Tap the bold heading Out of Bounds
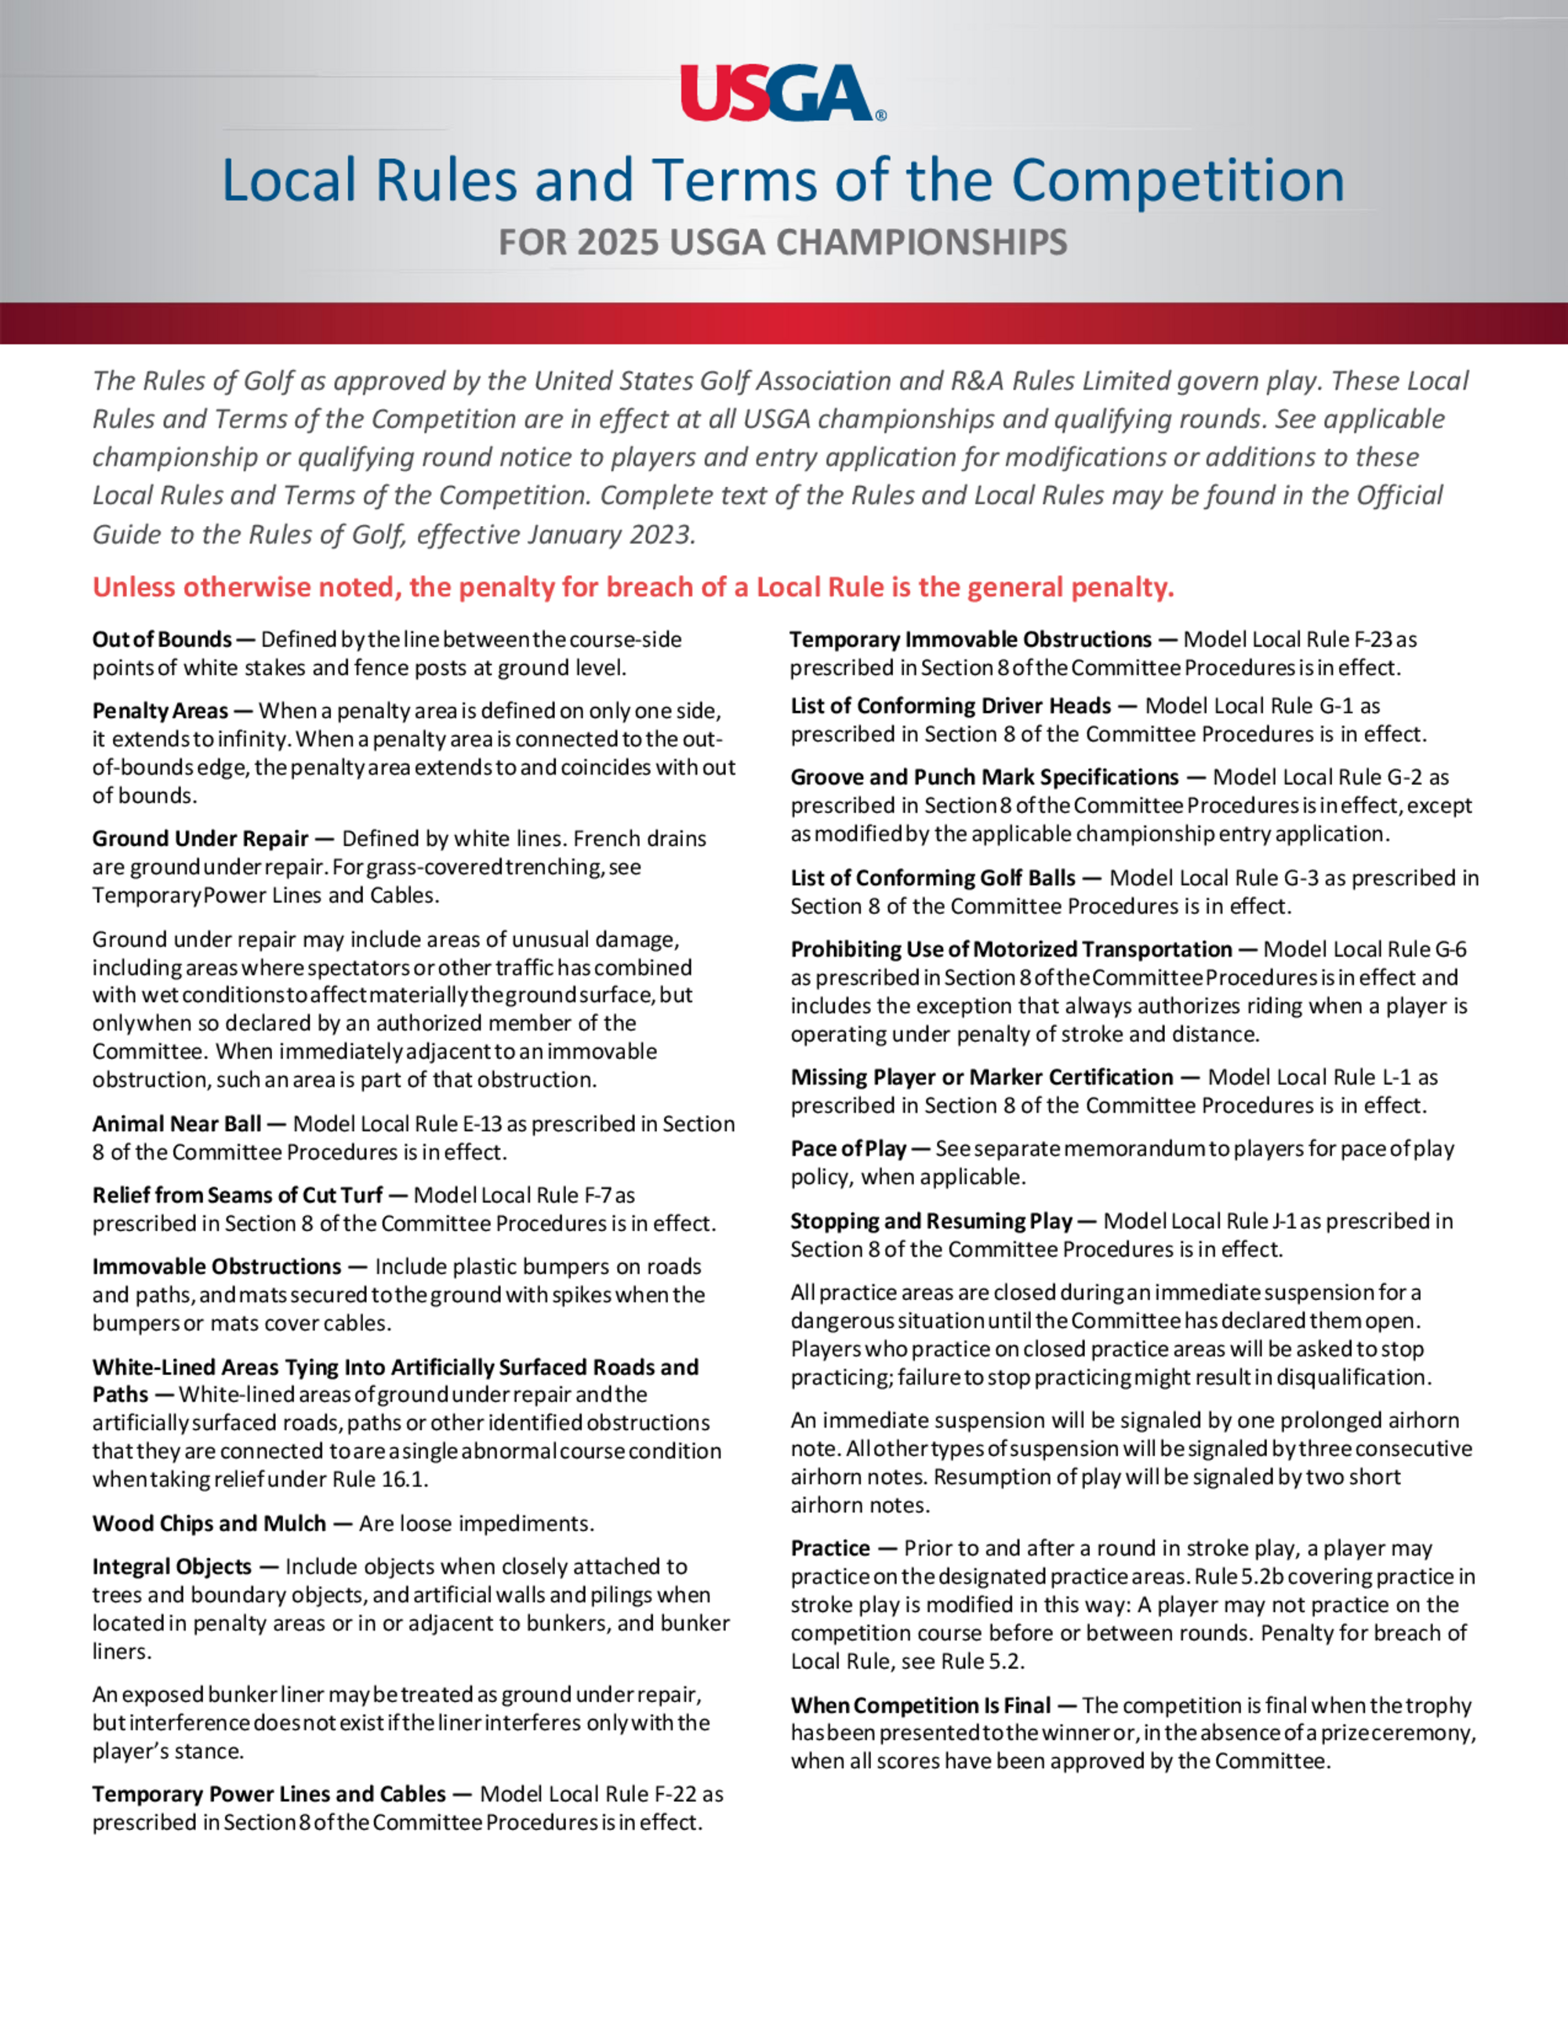coord(162,639)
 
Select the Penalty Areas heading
coord(160,711)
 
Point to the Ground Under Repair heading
coord(200,839)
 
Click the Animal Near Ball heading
coord(176,1124)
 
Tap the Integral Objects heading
coord(172,1566)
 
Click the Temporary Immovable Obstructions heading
coord(971,639)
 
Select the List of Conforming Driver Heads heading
coord(951,706)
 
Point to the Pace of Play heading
coord(848,1149)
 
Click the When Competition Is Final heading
coord(920,1706)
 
